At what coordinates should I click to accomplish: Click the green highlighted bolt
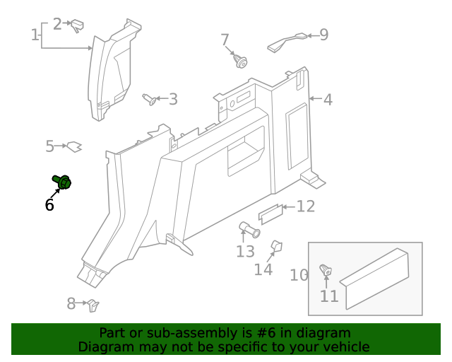click(x=62, y=182)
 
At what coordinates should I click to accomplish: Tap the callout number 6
click(x=49, y=205)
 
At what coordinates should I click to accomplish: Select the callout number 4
click(x=328, y=100)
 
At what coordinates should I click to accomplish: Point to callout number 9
click(x=324, y=35)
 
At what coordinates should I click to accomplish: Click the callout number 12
click(x=306, y=206)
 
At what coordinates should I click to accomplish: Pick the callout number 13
click(x=245, y=251)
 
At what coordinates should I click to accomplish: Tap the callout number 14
click(x=263, y=269)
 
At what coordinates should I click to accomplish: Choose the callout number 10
click(x=299, y=275)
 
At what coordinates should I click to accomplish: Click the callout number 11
click(x=329, y=296)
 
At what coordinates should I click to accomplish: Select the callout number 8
click(x=71, y=304)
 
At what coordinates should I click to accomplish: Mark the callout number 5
click(x=50, y=146)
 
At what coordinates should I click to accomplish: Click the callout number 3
click(x=173, y=99)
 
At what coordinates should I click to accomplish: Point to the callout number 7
click(x=225, y=40)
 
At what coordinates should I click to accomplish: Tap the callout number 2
click(x=57, y=24)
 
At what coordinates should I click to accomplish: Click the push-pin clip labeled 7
click(x=240, y=62)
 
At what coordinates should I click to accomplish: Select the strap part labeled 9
click(x=287, y=42)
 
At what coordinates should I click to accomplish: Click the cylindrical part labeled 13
click(x=249, y=230)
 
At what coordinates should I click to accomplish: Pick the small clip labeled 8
click(x=93, y=305)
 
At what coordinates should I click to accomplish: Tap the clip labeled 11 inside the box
click(x=326, y=271)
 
